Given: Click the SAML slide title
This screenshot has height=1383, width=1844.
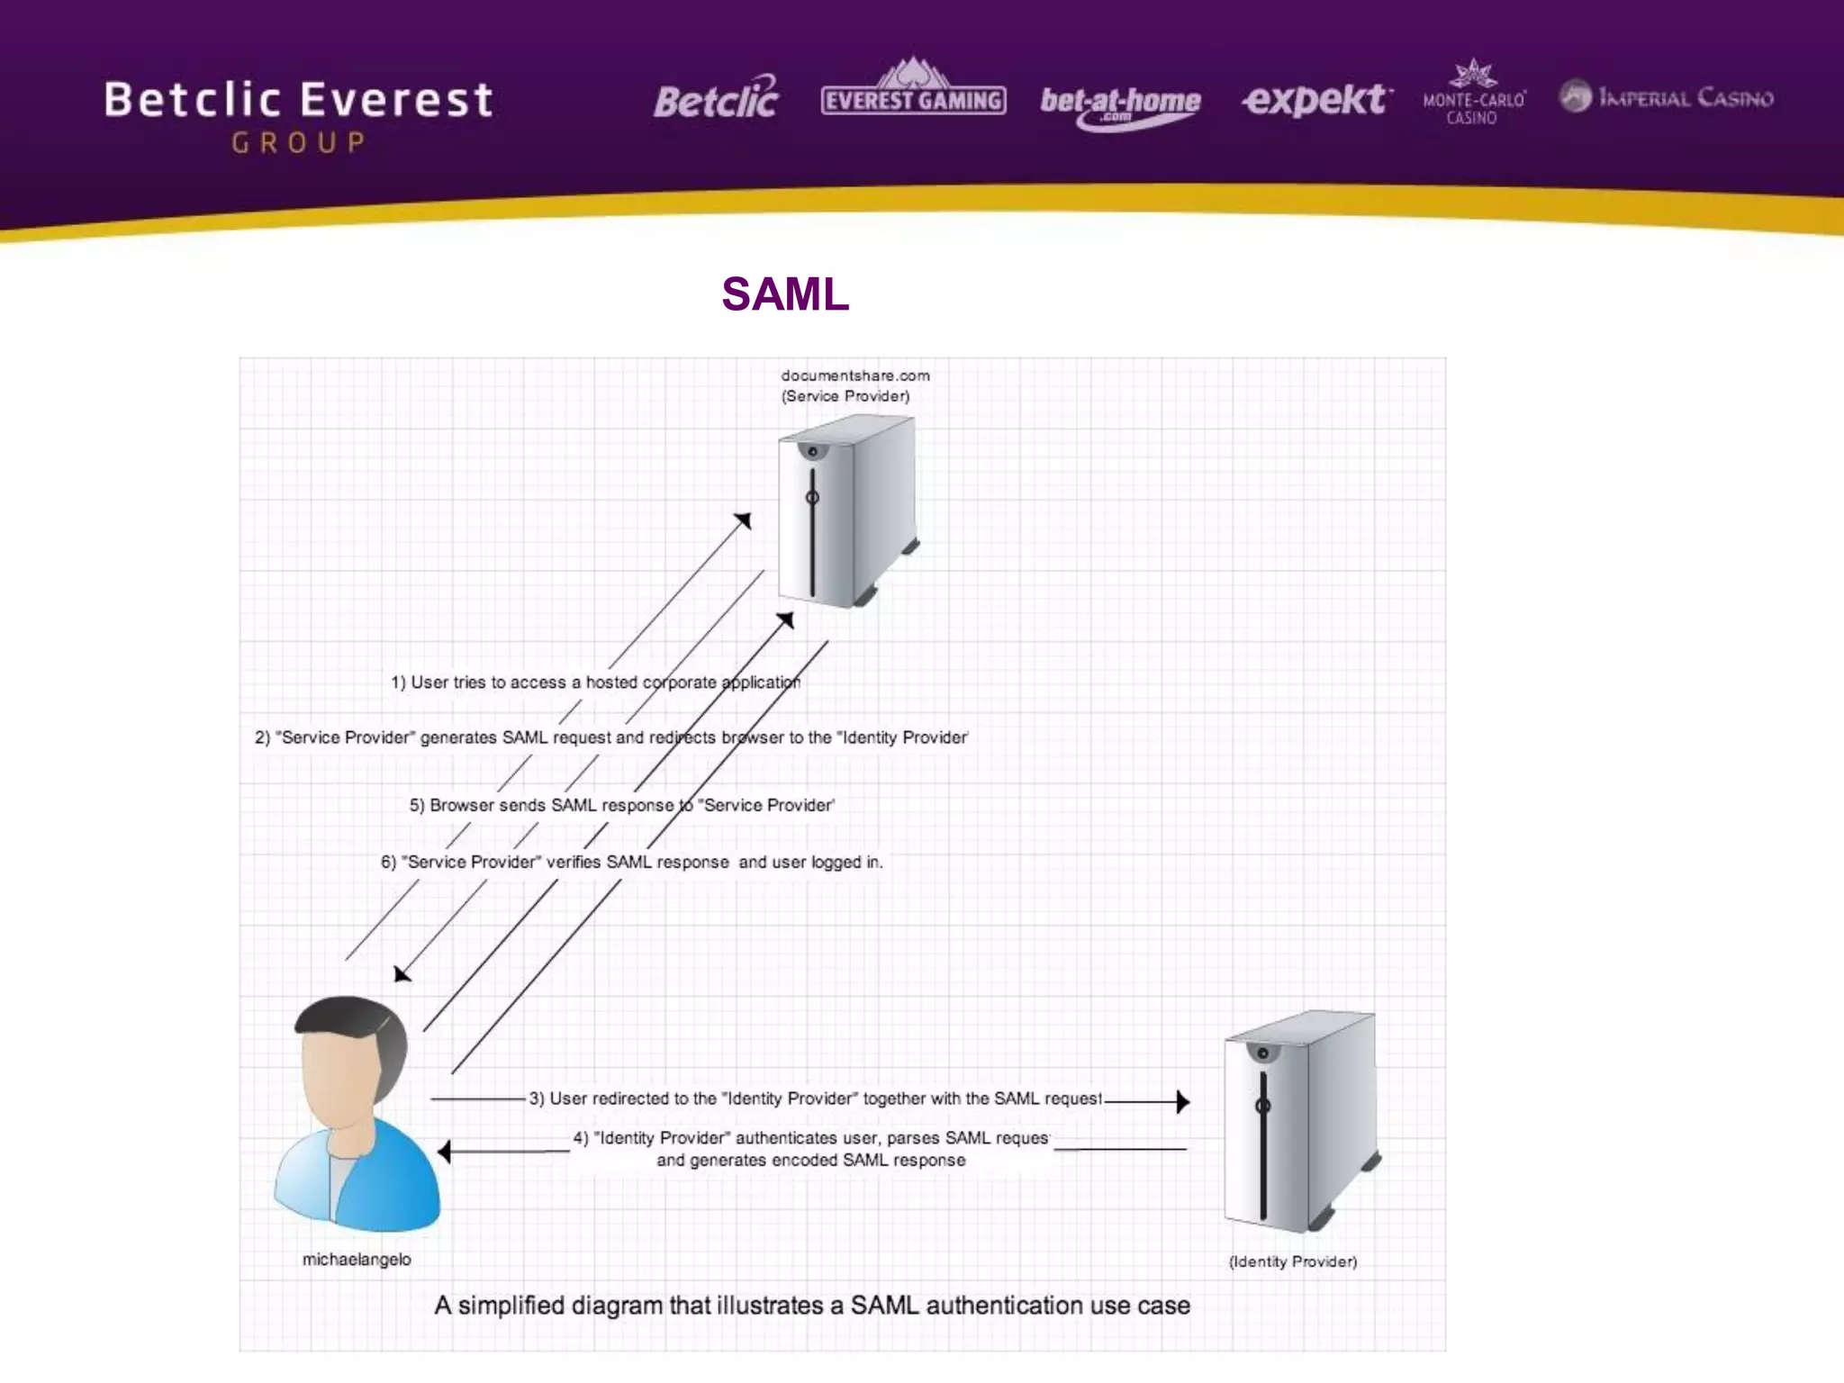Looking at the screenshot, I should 785,294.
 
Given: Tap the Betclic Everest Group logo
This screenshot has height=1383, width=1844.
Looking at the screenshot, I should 299,114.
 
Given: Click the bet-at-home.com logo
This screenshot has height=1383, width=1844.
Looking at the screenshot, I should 1120,105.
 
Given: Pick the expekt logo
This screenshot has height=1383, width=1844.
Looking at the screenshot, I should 1315,99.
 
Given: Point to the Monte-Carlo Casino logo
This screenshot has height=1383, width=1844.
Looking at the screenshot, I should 1473,95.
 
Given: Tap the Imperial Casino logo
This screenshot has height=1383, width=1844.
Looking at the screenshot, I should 1667,96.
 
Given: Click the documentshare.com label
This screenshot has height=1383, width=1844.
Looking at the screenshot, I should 854,375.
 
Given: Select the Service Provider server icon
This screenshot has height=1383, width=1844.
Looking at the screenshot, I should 847,511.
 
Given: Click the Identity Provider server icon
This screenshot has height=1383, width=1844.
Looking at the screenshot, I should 1299,1121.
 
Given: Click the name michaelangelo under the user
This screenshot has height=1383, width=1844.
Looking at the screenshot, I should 357,1260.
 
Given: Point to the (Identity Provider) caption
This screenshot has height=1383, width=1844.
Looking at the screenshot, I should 1293,1261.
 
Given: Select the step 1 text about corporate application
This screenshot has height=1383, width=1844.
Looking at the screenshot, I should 595,682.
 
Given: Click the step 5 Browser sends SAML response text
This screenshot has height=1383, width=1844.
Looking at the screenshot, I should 621,805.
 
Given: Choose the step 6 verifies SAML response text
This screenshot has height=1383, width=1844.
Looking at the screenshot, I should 631,862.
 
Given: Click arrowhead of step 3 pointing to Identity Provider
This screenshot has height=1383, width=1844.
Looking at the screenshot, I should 1183,1101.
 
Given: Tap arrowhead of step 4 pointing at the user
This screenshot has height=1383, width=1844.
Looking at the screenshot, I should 444,1151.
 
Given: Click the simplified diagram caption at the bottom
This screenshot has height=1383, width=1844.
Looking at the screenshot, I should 812,1306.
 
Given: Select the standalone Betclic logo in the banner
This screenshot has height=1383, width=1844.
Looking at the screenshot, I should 716,99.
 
